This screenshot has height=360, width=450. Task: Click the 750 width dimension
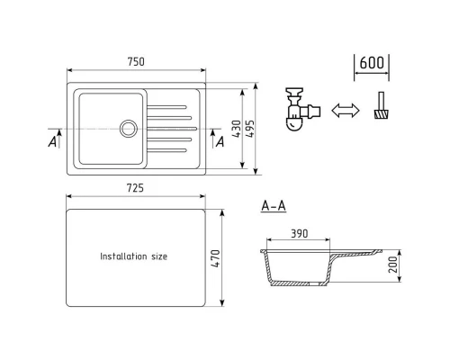tap(136, 62)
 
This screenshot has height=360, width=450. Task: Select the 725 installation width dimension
tap(135, 188)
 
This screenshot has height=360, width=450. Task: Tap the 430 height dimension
tap(237, 129)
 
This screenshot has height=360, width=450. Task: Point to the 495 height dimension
tap(249, 129)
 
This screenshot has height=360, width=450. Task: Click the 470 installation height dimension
tap(215, 258)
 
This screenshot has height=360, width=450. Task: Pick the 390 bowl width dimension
tap(300, 233)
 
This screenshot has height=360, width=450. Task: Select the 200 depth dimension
tap(392, 265)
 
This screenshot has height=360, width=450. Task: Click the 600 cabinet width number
tap(372, 63)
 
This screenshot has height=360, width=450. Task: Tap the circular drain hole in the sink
tap(129, 129)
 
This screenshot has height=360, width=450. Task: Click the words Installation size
tap(133, 256)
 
